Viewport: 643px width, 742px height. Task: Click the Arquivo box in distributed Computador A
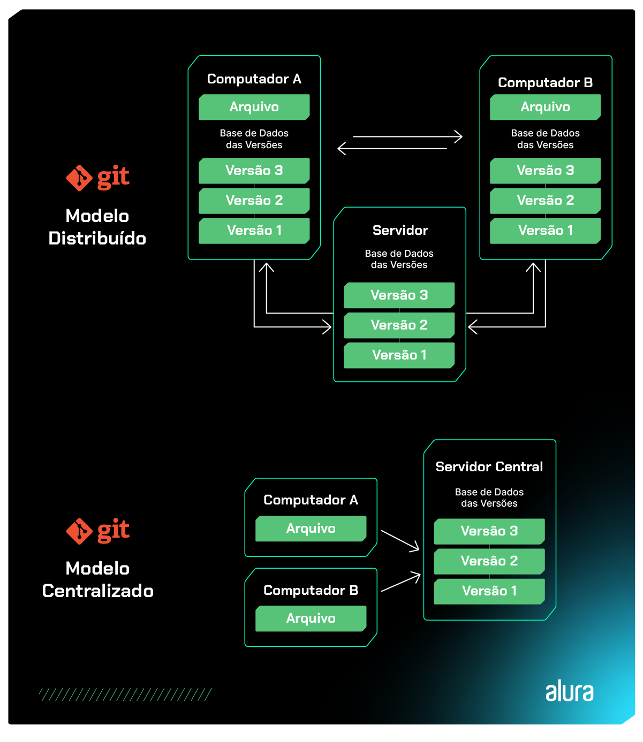[x=254, y=107]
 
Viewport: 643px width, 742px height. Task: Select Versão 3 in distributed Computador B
[x=545, y=171]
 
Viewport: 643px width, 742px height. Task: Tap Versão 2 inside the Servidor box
[x=399, y=325]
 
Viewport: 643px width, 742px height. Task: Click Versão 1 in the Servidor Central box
[x=489, y=591]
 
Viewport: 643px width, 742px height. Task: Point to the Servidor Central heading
[x=489, y=467]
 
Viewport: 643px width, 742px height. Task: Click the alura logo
[x=569, y=692]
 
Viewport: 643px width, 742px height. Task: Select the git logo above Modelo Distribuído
[x=97, y=178]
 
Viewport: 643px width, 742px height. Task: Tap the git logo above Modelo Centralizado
[x=97, y=531]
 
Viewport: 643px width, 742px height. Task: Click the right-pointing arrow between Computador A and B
[x=407, y=136]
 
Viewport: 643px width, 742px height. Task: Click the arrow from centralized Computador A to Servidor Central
[x=400, y=540]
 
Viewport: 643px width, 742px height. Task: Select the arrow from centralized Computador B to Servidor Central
[x=400, y=583]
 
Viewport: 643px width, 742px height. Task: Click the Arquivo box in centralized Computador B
[x=311, y=618]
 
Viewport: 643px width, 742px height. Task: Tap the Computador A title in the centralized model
[x=311, y=500]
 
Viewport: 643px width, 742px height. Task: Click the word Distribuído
[x=97, y=239]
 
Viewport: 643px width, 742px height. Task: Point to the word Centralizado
[x=97, y=591]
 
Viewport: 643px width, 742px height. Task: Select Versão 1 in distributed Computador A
[x=254, y=231]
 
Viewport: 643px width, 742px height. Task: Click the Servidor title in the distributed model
[x=400, y=231]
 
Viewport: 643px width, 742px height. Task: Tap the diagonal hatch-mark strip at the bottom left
[x=125, y=694]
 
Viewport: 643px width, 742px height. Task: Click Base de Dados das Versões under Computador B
[x=545, y=139]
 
